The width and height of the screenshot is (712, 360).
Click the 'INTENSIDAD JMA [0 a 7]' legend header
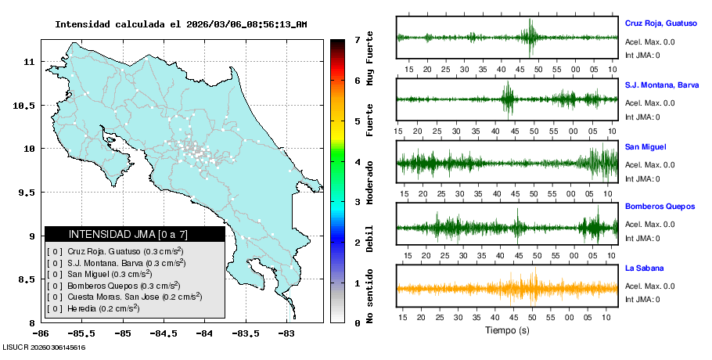[128, 234]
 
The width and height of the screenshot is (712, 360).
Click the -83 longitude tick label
[286, 333]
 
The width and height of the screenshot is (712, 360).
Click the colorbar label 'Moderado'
[370, 182]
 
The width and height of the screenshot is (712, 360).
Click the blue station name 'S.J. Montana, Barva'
[661, 85]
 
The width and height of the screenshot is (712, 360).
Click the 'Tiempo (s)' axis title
[507, 331]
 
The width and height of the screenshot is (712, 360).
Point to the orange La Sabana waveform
[507, 288]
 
